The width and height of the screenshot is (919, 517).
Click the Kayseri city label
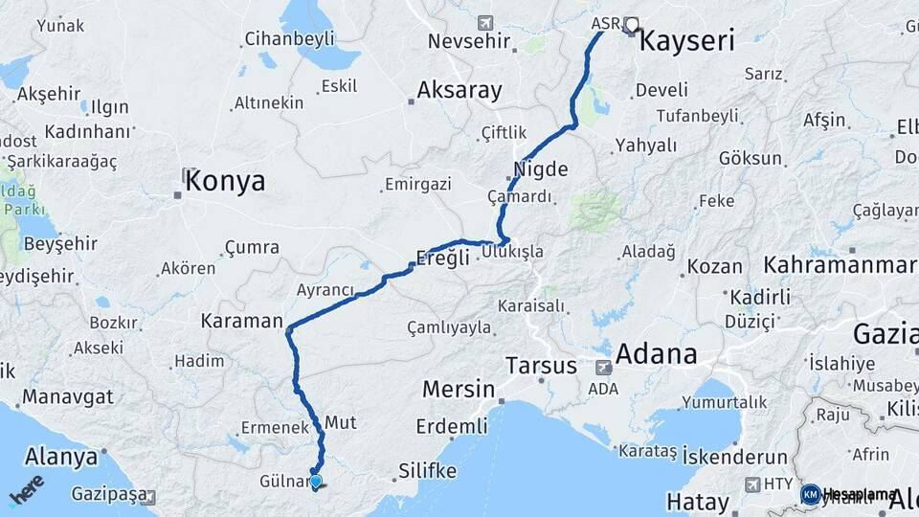[685, 41]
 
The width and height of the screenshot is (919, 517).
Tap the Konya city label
[225, 181]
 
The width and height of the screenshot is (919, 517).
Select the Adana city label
[656, 354]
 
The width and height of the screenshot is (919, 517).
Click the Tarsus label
[541, 366]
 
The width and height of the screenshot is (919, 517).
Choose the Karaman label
[242, 321]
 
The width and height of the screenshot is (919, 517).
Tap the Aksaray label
[459, 91]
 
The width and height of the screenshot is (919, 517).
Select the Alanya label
[61, 456]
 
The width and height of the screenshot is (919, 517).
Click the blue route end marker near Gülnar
[315, 483]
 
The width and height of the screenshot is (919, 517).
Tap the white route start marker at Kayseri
[631, 26]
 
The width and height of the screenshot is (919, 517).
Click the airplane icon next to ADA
[603, 367]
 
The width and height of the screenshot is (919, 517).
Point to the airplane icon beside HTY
[752, 484]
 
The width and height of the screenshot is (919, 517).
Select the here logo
[27, 489]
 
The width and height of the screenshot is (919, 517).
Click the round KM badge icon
[810, 494]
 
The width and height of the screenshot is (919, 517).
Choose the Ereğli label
[443, 257]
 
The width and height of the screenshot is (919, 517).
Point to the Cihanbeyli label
[289, 39]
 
